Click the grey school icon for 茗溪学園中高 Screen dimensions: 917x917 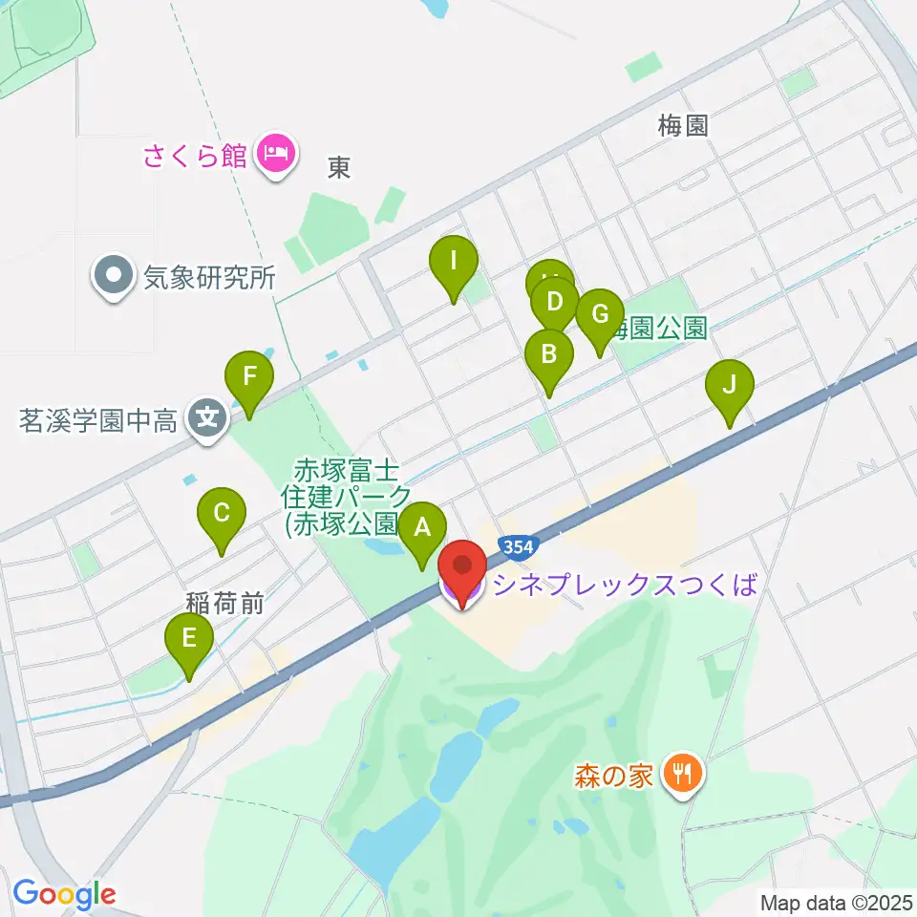click(206, 418)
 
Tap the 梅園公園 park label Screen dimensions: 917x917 click(659, 330)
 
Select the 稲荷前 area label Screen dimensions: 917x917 click(224, 602)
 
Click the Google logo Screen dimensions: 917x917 click(64, 894)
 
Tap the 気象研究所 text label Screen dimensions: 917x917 click(209, 278)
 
